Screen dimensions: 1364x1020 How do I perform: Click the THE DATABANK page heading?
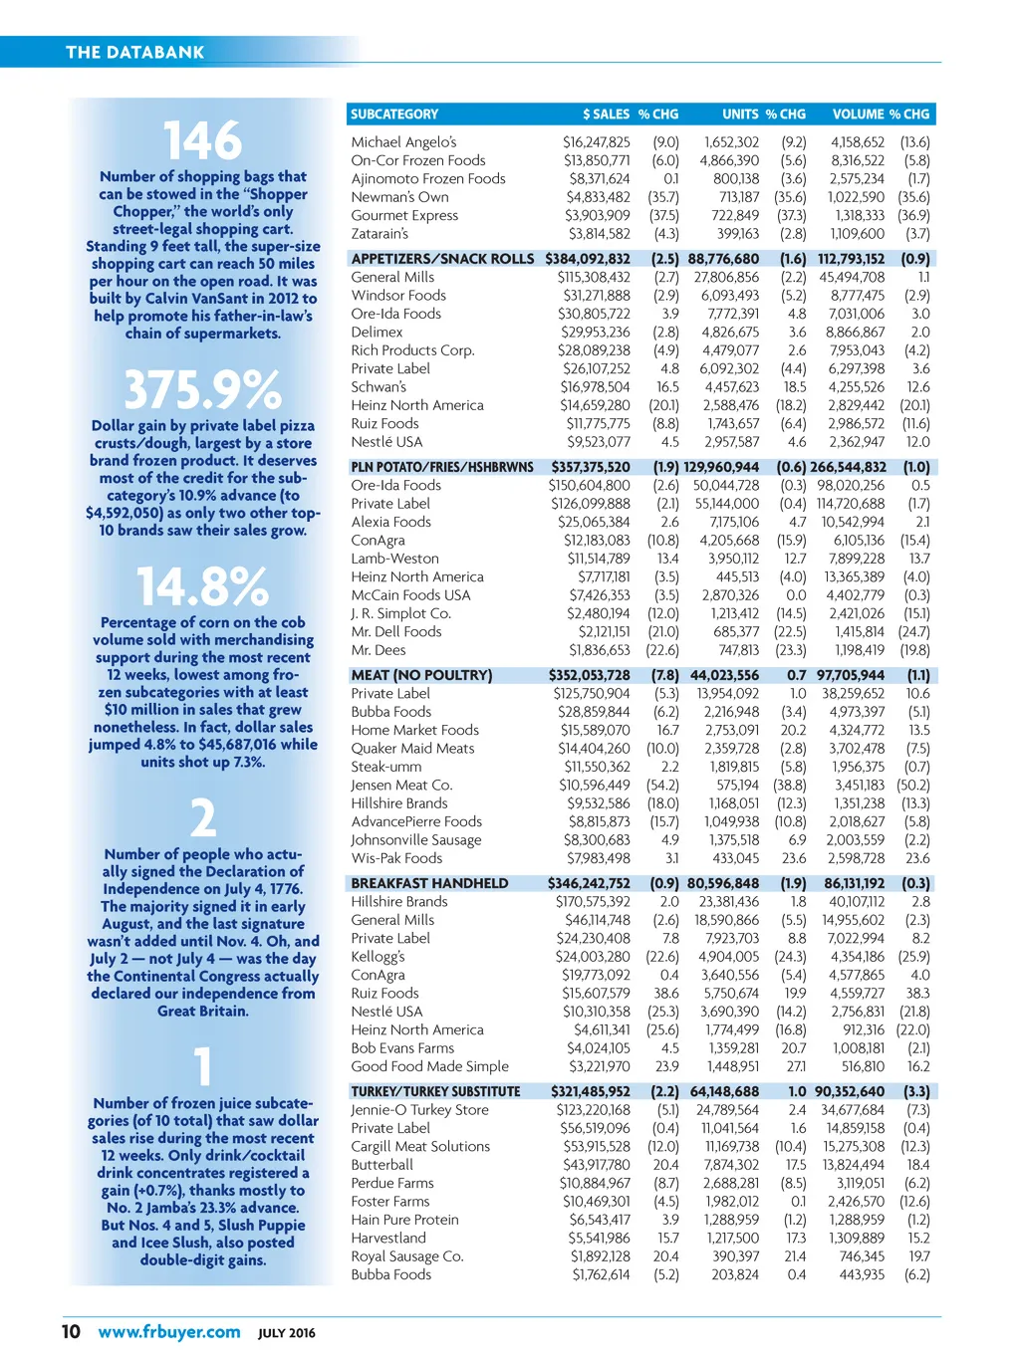(134, 53)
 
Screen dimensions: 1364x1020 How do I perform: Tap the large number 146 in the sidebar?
(202, 140)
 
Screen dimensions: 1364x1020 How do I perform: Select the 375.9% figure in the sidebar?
(202, 389)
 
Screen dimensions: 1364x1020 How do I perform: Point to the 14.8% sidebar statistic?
(202, 586)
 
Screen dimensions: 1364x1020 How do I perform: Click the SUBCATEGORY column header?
(394, 114)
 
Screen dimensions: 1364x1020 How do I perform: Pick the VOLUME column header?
(858, 114)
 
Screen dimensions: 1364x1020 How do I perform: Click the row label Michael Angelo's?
(403, 142)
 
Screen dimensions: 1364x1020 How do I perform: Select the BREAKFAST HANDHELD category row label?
(429, 883)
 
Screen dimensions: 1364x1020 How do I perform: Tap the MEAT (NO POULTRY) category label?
(421, 675)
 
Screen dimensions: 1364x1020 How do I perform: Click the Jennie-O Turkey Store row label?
(419, 1110)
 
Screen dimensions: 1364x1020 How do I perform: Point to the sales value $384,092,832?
(588, 259)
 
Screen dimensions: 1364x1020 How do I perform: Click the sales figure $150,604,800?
(590, 486)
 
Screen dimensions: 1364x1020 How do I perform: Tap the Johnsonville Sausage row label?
(416, 840)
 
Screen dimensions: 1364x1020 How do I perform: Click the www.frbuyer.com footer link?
(169, 1332)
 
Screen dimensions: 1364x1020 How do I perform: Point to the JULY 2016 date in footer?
(287, 1333)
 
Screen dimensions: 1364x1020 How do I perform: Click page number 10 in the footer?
(71, 1332)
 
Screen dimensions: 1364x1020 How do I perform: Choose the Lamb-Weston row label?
(394, 559)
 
